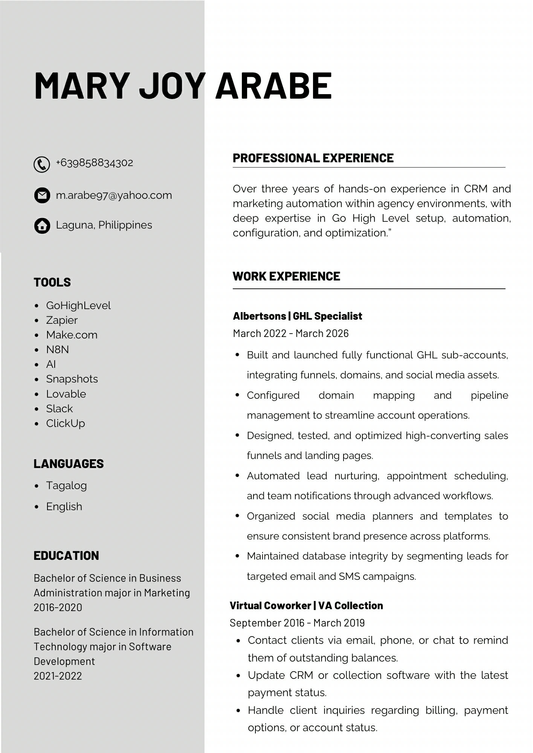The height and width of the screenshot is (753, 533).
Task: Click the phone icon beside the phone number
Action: pyautogui.click(x=42, y=165)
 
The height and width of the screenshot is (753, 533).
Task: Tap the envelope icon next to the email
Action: pyautogui.click(x=42, y=195)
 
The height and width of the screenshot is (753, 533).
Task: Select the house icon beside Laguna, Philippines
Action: pyautogui.click(x=42, y=226)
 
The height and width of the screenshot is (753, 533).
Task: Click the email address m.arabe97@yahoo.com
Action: pyautogui.click(x=114, y=195)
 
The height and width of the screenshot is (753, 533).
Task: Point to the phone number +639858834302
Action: pyautogui.click(x=95, y=163)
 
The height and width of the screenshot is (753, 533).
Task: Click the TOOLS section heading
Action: pyautogui.click(x=52, y=282)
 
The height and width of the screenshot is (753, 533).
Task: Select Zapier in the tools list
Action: pyautogui.click(x=62, y=320)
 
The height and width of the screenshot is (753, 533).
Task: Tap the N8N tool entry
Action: pyautogui.click(x=57, y=350)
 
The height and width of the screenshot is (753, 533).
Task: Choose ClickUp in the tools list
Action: pyautogui.click(x=66, y=424)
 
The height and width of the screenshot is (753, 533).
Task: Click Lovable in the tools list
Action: pyautogui.click(x=66, y=394)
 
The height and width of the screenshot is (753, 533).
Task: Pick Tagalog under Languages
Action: pyautogui.click(x=66, y=486)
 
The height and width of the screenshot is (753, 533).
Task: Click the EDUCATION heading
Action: pyautogui.click(x=66, y=556)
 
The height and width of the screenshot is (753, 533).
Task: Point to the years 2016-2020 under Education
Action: pyautogui.click(x=58, y=608)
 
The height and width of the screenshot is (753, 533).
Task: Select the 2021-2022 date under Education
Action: pyautogui.click(x=58, y=676)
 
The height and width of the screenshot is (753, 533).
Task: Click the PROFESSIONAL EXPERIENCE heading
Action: pyautogui.click(x=313, y=158)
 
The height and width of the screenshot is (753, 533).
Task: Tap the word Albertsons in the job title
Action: pyautogui.click(x=259, y=316)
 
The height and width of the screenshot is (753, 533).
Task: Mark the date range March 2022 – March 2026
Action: pyautogui.click(x=291, y=334)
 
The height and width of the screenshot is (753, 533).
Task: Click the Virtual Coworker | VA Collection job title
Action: pyautogui.click(x=306, y=606)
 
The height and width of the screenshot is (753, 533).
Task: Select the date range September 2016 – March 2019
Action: pyautogui.click(x=297, y=623)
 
